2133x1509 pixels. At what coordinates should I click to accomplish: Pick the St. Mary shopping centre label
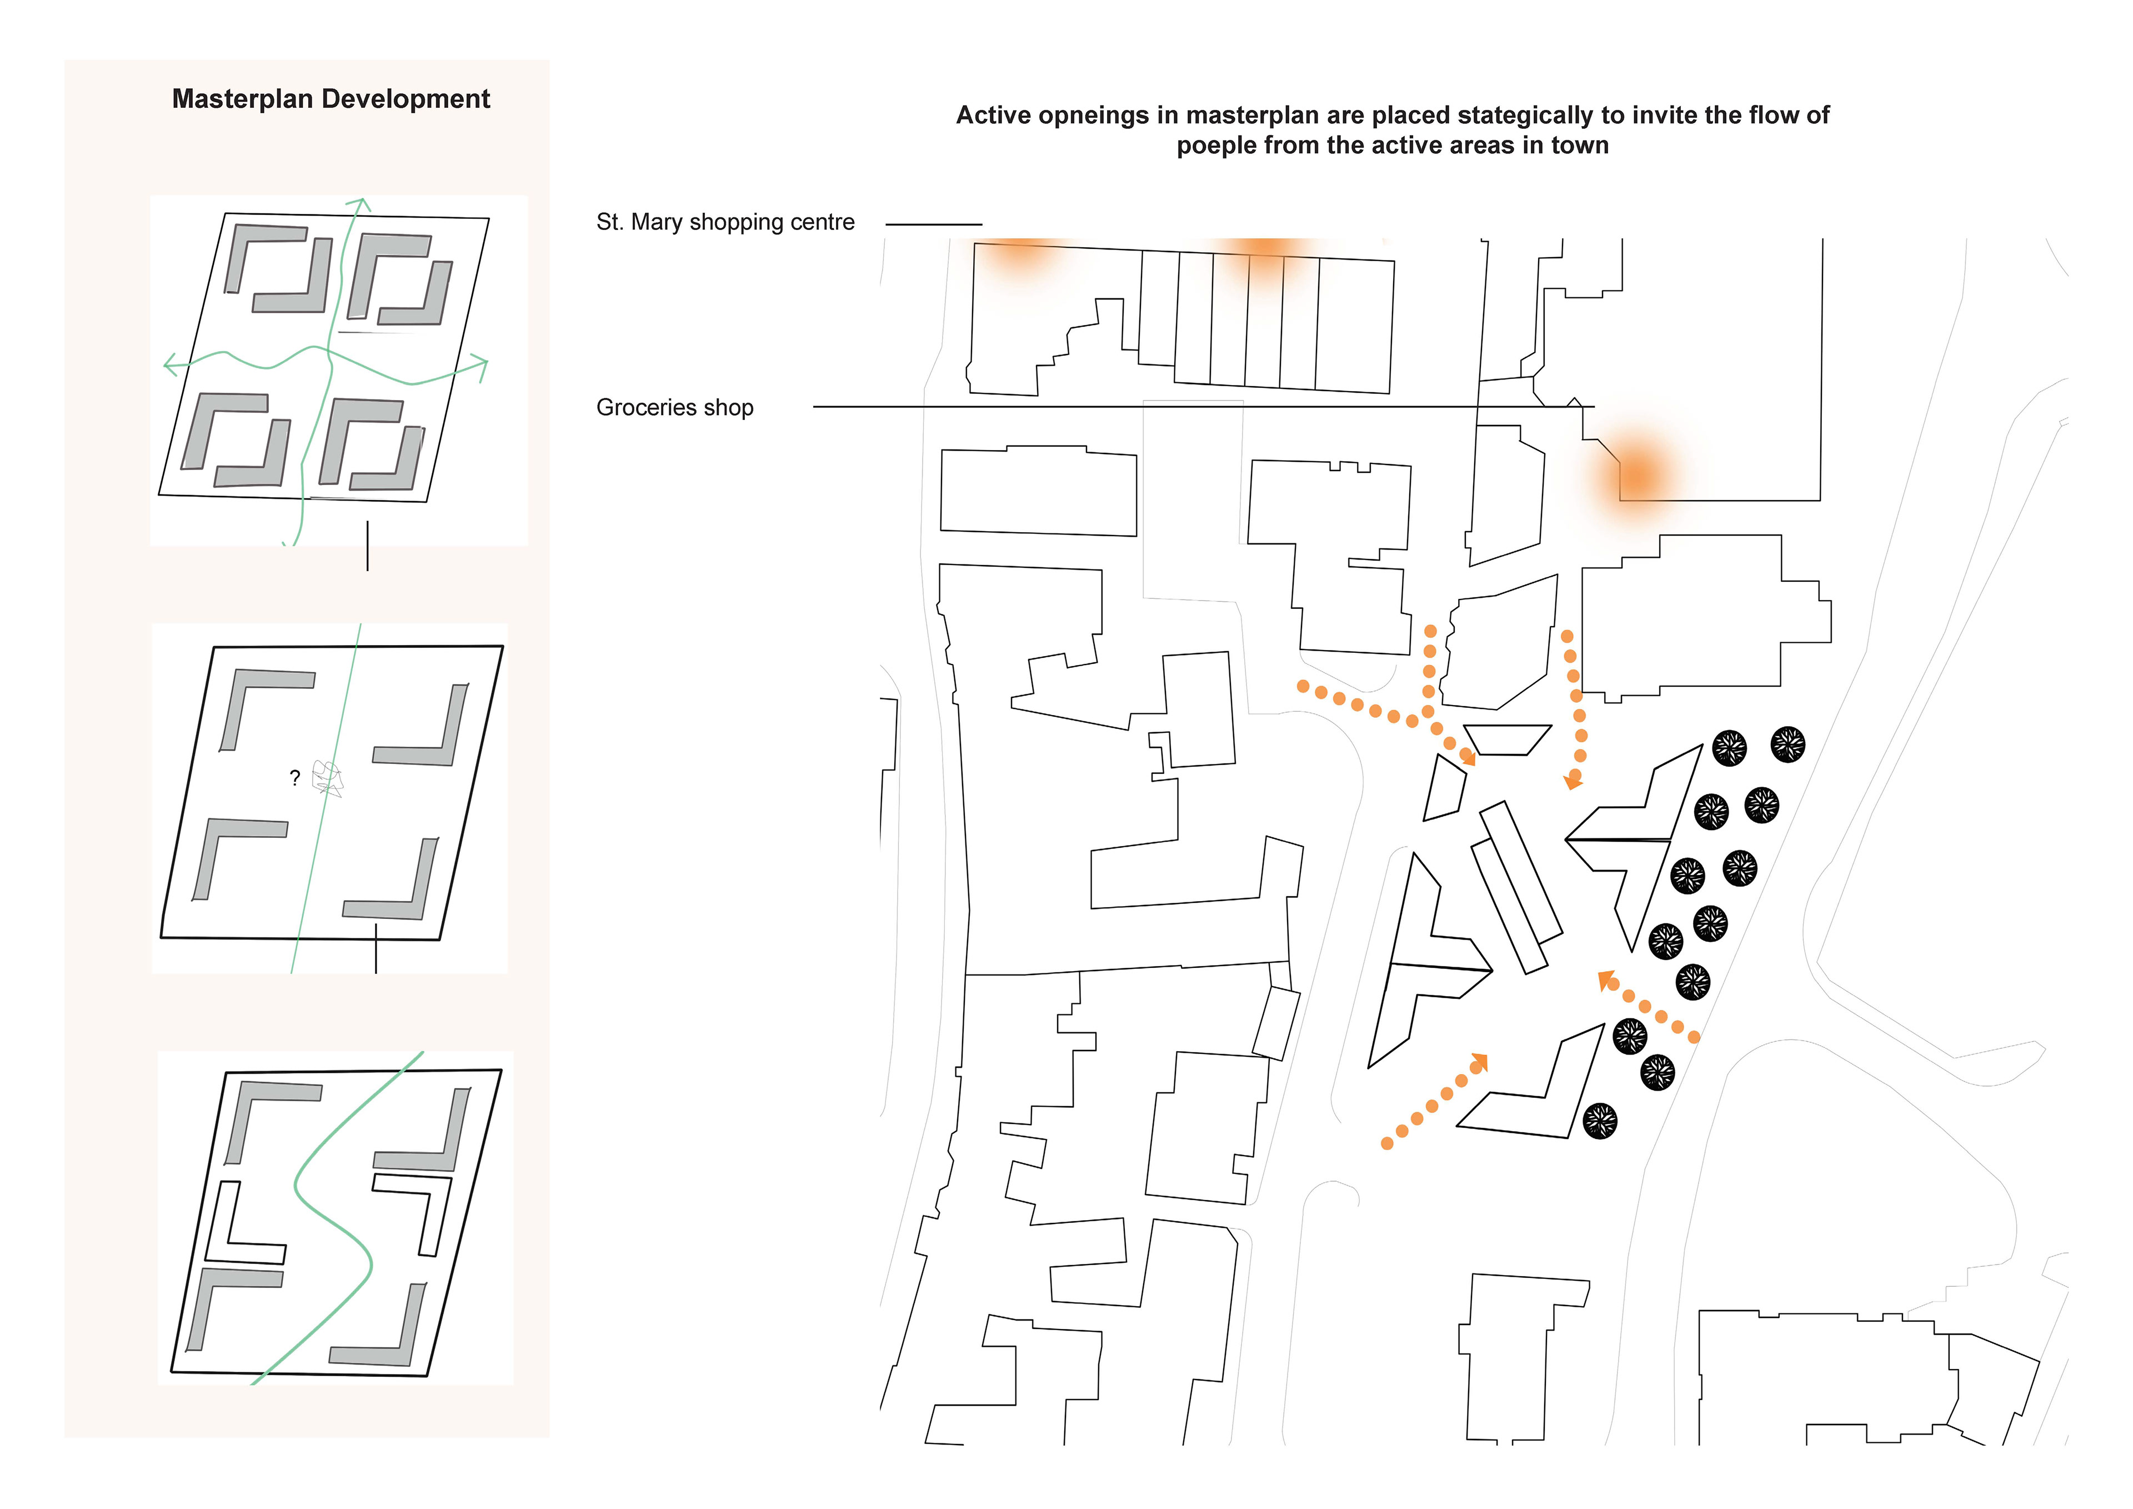725,222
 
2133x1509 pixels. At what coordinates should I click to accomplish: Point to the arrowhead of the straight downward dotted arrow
1573,781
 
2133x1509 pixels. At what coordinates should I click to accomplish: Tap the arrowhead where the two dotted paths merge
1468,757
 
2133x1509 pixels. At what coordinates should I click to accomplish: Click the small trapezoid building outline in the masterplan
1507,739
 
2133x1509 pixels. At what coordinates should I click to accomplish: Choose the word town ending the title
1579,147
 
